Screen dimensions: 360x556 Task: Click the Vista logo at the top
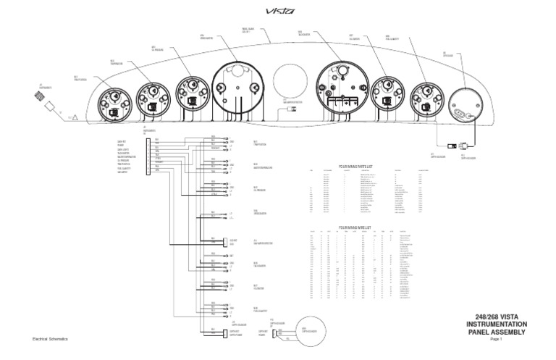(x=278, y=11)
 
